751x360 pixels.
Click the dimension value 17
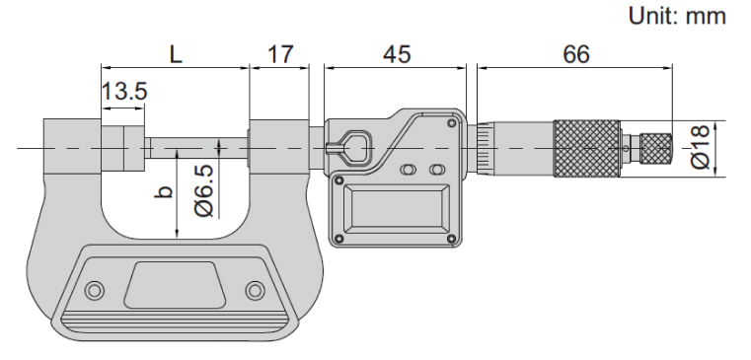(279, 54)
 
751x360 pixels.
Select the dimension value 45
(397, 54)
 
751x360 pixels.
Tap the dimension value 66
(575, 54)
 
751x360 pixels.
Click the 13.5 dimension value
(124, 91)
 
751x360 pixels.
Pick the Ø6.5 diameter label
(205, 190)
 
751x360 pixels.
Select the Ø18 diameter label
(701, 147)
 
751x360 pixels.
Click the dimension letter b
(164, 191)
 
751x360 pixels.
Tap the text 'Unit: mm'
(677, 17)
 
